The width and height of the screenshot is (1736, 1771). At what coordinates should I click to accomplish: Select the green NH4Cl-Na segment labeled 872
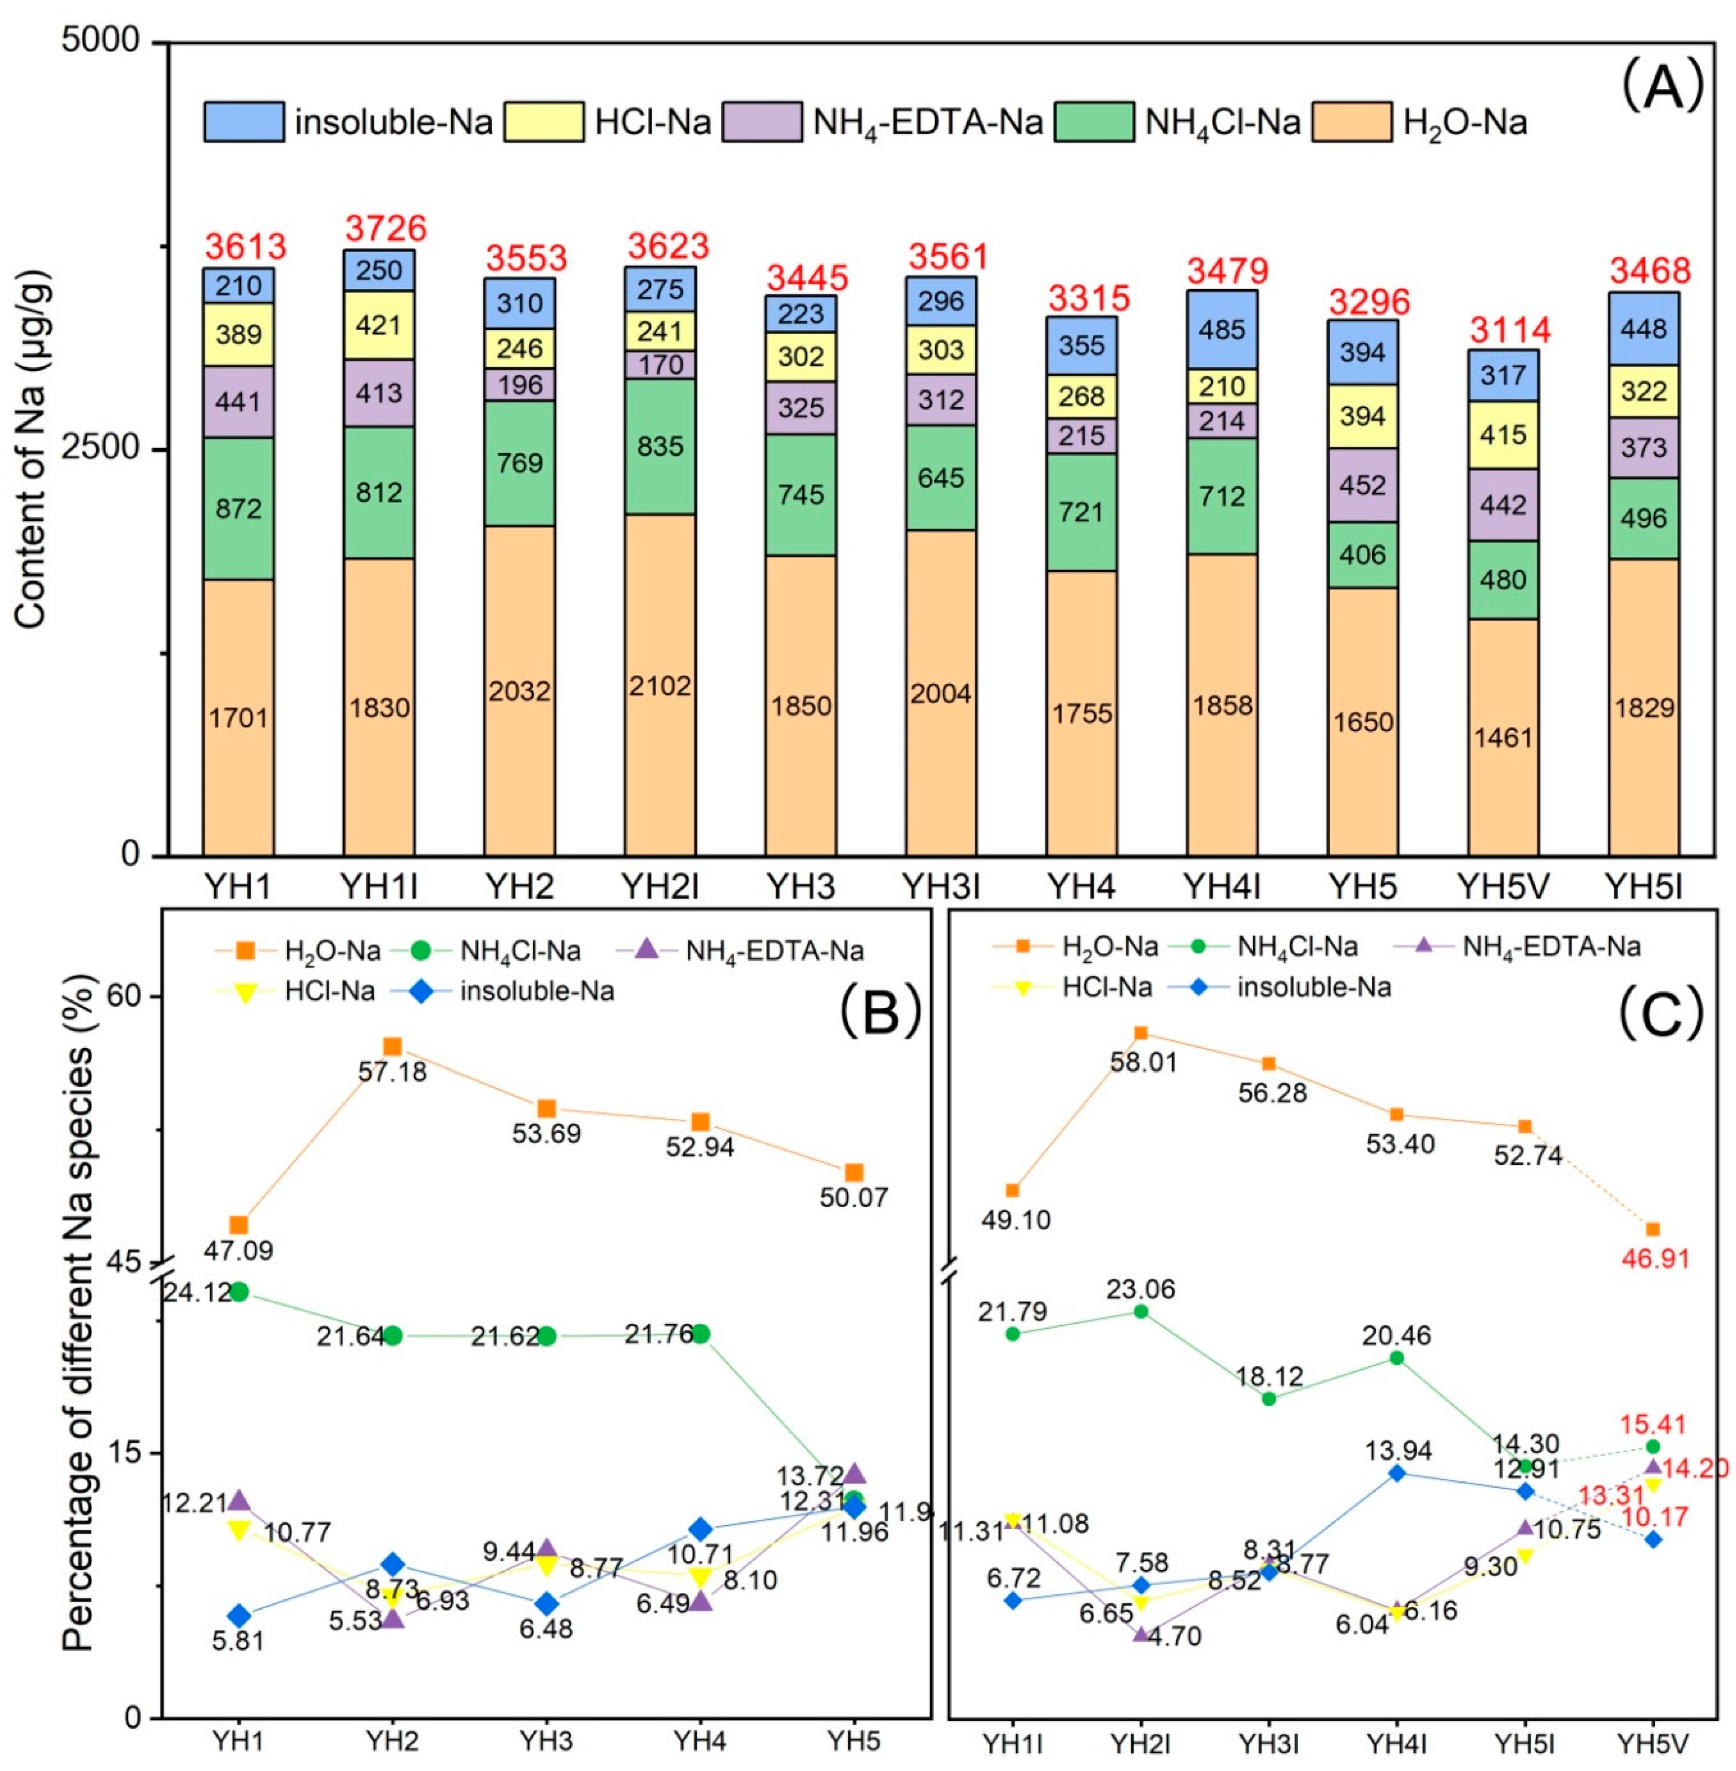click(x=239, y=508)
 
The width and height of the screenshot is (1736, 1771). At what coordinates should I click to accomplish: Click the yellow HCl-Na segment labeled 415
click(x=1504, y=435)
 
